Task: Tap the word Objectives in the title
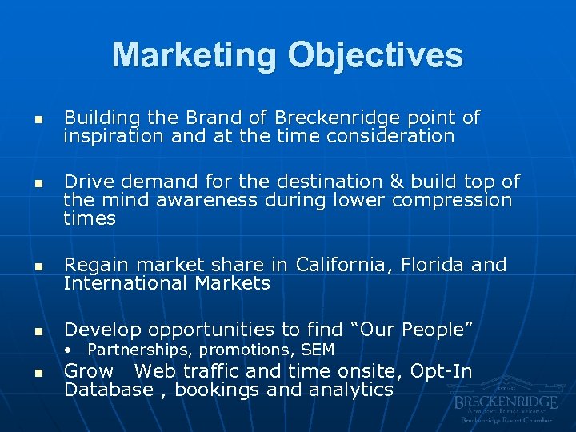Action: pyautogui.click(x=376, y=55)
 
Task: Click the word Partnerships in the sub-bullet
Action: pyautogui.click(x=140, y=350)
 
